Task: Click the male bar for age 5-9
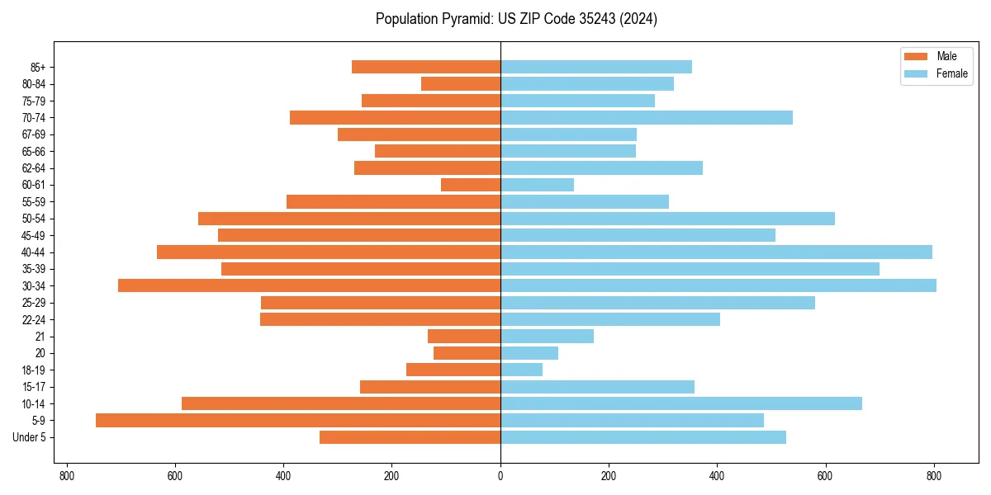(x=297, y=420)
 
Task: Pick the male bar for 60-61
(x=471, y=185)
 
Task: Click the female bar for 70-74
(x=646, y=117)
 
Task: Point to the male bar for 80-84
(x=461, y=83)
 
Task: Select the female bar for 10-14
(x=680, y=403)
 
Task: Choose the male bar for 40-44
(x=329, y=252)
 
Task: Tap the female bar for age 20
(x=529, y=353)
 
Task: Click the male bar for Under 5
(x=410, y=437)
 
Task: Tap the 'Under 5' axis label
(x=30, y=437)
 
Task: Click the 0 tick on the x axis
(x=500, y=476)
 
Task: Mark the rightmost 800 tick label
(x=934, y=476)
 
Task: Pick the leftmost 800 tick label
(x=67, y=476)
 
